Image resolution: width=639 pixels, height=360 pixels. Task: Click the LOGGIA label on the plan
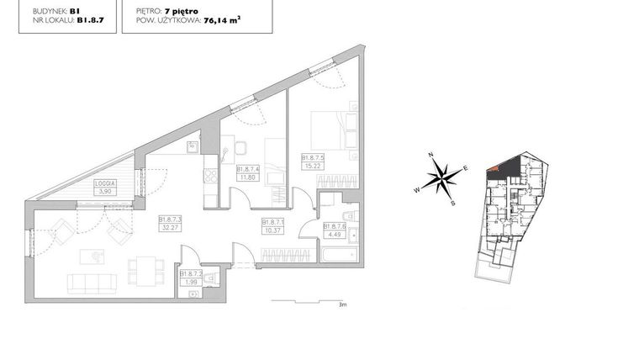(x=105, y=183)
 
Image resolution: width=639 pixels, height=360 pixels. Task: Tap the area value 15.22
(x=313, y=165)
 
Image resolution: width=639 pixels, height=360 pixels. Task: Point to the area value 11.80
(x=246, y=177)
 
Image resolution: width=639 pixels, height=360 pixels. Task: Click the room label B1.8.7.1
(x=272, y=223)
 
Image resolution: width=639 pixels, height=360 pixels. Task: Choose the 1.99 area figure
(x=189, y=282)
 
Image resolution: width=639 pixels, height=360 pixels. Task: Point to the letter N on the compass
(x=429, y=156)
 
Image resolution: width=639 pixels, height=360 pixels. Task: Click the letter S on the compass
(x=452, y=203)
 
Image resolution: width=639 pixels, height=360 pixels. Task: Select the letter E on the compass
(x=465, y=168)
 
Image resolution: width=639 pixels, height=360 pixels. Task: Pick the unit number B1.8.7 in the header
(x=91, y=24)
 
